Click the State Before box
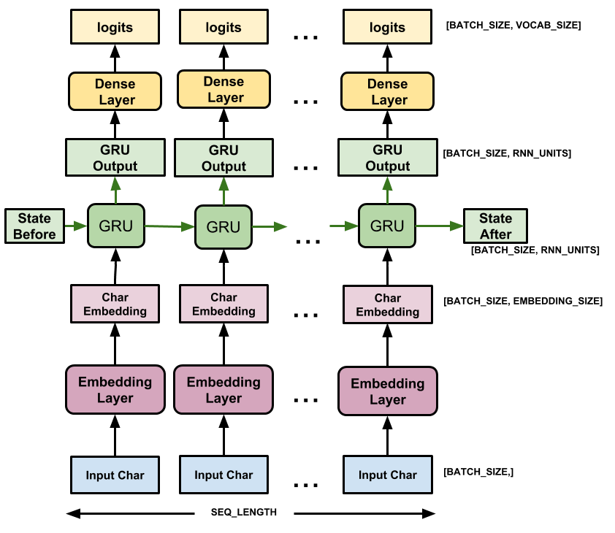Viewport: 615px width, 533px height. point(34,226)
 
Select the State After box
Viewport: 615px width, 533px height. point(495,226)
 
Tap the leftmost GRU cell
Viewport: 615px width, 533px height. point(115,226)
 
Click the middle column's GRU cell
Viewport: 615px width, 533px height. point(224,226)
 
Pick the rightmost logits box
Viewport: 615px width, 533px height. point(387,27)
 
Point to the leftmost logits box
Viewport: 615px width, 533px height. point(115,27)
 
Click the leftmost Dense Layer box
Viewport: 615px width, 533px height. point(115,91)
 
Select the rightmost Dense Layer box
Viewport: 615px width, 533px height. point(387,91)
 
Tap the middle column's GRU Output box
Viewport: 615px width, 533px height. point(224,158)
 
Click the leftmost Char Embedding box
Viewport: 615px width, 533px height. point(115,304)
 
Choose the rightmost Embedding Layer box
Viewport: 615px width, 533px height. point(387,391)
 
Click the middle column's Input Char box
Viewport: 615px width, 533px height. point(224,475)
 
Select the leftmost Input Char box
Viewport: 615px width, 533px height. point(115,475)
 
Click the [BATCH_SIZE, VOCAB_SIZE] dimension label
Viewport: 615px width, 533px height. point(512,26)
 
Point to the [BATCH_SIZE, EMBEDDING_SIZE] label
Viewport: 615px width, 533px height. point(523,301)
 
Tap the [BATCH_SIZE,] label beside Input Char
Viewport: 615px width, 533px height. point(478,472)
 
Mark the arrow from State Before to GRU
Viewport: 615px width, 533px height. point(75,226)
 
